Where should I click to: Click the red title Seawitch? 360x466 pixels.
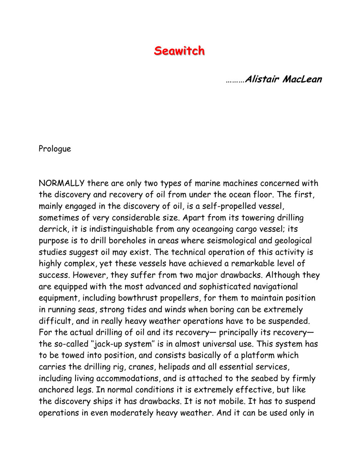(179, 51)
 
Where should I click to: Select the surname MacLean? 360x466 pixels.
(302, 79)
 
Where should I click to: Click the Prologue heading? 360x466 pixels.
(55, 149)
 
